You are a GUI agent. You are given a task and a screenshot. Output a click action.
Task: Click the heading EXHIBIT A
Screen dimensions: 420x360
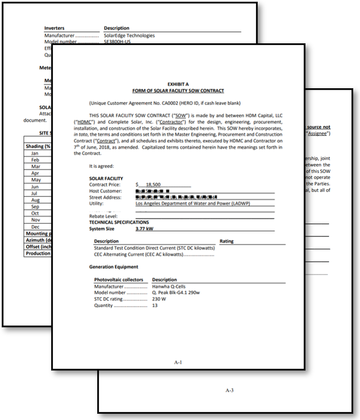point(178,84)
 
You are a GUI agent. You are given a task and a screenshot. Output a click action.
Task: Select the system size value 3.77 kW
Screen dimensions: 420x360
point(144,229)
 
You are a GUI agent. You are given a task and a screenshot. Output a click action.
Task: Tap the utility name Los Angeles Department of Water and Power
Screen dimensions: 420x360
point(193,204)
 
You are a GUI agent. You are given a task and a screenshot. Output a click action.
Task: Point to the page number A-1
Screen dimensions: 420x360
point(177,363)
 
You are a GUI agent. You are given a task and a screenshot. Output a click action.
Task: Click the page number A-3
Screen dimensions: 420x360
point(229,390)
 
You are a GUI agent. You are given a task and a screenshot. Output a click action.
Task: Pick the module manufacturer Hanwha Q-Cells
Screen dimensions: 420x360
point(170,286)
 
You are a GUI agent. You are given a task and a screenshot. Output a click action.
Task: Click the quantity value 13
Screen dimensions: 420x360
point(155,305)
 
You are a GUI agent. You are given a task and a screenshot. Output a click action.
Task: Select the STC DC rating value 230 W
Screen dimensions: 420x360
point(160,299)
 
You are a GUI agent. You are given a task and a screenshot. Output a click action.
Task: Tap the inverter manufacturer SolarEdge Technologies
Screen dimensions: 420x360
point(129,35)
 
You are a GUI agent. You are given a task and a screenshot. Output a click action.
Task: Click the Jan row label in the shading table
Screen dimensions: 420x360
point(35,153)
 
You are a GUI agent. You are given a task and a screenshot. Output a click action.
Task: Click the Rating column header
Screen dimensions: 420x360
point(226,241)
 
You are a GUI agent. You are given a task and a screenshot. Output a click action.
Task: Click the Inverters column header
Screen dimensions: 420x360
point(54,28)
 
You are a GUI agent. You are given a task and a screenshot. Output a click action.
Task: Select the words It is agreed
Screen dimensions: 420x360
point(101,166)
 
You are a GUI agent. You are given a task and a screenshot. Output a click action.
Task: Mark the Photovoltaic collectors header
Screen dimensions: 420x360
point(119,280)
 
